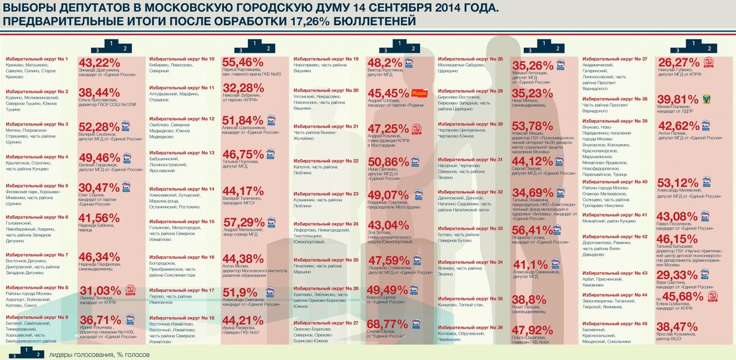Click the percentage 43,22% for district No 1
pyautogui.click(x=99, y=63)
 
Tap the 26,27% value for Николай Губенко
pyautogui.click(x=678, y=63)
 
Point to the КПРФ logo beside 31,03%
pyautogui.click(x=130, y=290)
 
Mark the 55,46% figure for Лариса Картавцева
pyautogui.click(x=243, y=63)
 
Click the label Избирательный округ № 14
pyautogui.click(x=182, y=189)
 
